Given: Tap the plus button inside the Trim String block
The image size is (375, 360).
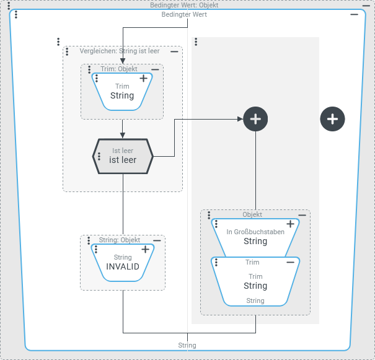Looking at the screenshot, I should pyautogui.click(x=144, y=79).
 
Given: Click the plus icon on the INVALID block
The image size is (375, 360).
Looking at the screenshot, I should pyautogui.click(x=145, y=249).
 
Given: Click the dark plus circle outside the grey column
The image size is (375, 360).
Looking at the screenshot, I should pyautogui.click(x=332, y=118).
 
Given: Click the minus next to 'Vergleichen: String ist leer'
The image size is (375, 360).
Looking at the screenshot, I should pyautogui.click(x=174, y=51).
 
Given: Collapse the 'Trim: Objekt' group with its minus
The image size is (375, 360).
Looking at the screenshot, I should pyautogui.click(x=155, y=69).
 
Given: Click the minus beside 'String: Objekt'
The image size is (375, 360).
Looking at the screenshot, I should pyautogui.click(x=157, y=240).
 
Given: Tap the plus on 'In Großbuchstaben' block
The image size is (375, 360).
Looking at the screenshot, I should pyautogui.click(x=290, y=224).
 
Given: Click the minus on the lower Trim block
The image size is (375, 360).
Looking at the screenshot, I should pyautogui.click(x=290, y=262).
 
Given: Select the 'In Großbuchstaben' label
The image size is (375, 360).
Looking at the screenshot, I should pyautogui.click(x=255, y=232).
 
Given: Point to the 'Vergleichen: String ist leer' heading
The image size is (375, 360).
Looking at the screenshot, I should pyautogui.click(x=120, y=51).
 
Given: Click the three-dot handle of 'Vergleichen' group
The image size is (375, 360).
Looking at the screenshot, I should pyautogui.click(x=58, y=42).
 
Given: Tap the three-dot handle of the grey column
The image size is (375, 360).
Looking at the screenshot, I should pyautogui.click(x=196, y=42).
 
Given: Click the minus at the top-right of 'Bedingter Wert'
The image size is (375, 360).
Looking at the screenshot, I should pyautogui.click(x=354, y=14).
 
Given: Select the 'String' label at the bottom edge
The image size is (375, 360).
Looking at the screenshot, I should pyautogui.click(x=187, y=345).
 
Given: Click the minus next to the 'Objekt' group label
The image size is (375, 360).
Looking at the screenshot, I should pyautogui.click(x=302, y=215).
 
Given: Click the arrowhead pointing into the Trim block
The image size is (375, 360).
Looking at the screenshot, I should pyautogui.click(x=123, y=61).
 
